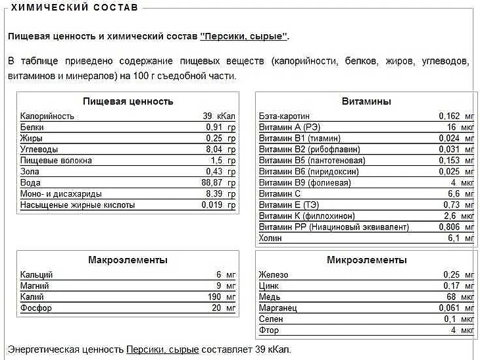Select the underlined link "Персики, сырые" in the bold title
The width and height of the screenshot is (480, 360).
coord(243,36)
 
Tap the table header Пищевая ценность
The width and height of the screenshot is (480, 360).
coord(128,101)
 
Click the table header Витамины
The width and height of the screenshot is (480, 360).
coord(366,101)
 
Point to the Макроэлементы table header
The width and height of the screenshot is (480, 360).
coord(128,260)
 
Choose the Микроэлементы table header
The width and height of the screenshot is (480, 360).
coord(366,260)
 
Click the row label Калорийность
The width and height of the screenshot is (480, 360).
coord(47,116)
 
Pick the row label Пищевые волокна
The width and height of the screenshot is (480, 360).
coord(56,161)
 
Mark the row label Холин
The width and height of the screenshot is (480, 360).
coord(270,238)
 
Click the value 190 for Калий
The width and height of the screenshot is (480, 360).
coord(214,297)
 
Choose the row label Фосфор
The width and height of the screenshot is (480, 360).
coord(36,308)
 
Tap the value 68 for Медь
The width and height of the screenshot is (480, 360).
coord(450,297)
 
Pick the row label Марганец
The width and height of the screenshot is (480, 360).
coord(278,308)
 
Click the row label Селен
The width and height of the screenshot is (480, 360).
coord(270,319)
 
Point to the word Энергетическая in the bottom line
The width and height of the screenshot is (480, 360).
coord(65,349)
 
